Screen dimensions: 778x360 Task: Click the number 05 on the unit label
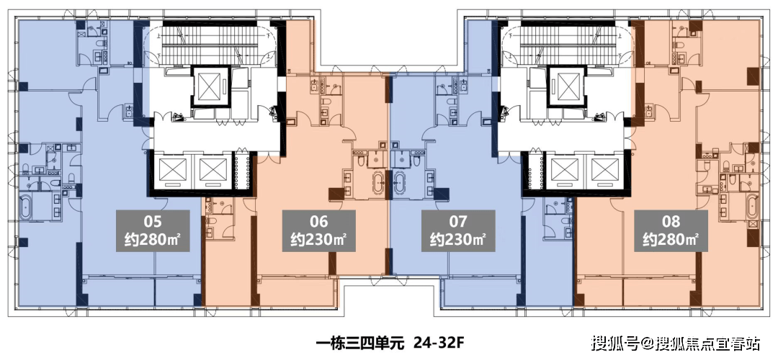pyautogui.click(x=153, y=221)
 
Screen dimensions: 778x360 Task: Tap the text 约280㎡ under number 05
pyautogui.click(x=153, y=240)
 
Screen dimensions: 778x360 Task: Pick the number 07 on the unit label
pyautogui.click(x=458, y=221)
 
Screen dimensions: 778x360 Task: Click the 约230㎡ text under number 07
pyautogui.click(x=458, y=240)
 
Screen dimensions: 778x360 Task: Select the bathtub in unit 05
pyautogui.click(x=25, y=209)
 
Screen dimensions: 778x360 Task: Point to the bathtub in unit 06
pyautogui.click(x=380, y=183)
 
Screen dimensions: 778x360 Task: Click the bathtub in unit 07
pyautogui.click(x=398, y=183)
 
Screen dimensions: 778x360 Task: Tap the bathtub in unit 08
pyautogui.click(x=753, y=207)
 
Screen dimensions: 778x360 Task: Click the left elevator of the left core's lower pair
pyautogui.click(x=171, y=171)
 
